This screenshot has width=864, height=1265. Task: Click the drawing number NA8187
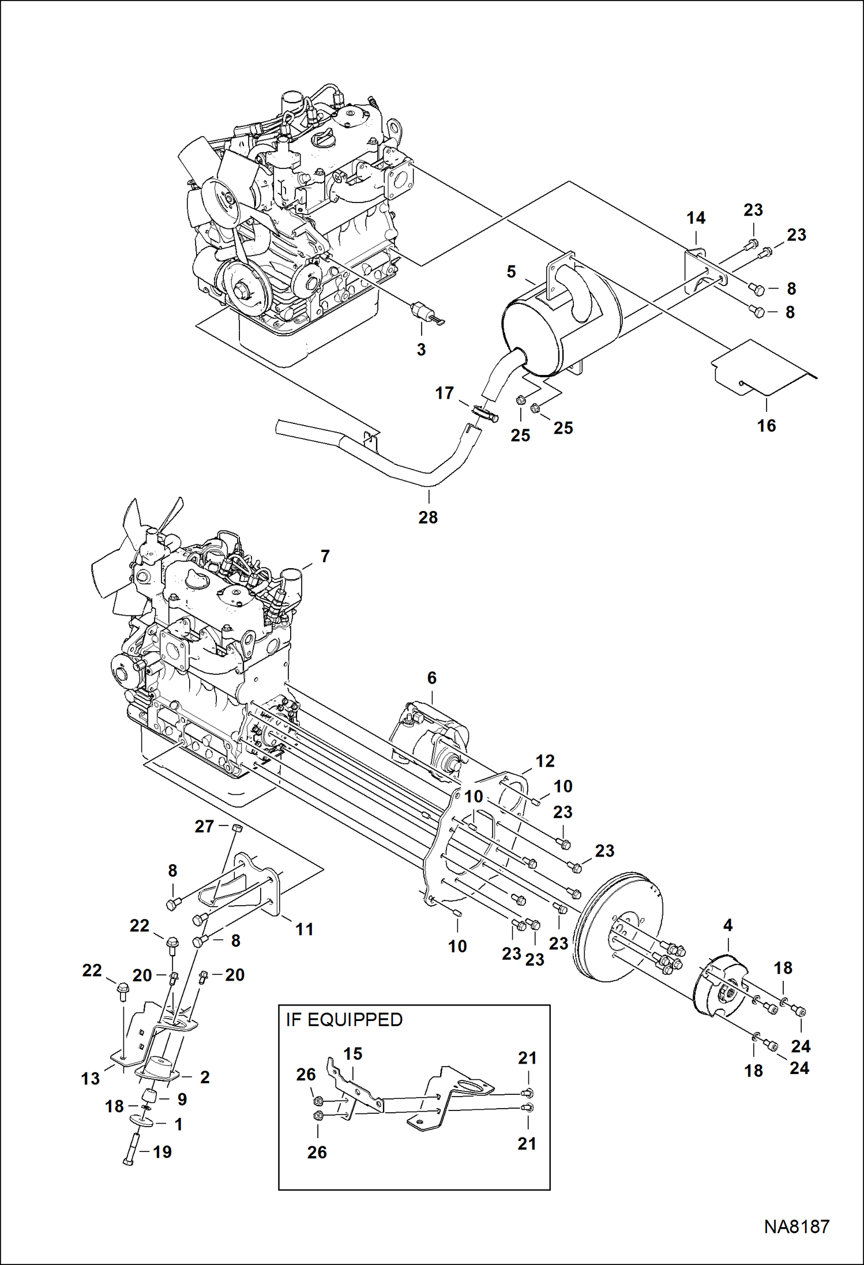coord(797,1226)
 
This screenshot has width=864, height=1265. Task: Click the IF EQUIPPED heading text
coord(344,1019)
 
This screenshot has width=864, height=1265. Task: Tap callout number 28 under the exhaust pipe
coord(428,517)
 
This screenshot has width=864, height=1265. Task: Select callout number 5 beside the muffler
coord(511,272)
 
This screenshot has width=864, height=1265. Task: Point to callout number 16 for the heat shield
coord(766,426)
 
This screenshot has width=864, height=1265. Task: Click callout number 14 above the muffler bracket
coord(696,218)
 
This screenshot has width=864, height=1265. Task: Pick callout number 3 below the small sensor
coord(421,350)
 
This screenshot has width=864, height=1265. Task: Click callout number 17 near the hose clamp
coord(444,393)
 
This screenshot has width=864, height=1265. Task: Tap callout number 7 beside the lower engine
coord(325,556)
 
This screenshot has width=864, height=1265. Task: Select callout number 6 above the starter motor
coord(432,678)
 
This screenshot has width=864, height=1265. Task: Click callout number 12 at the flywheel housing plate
coord(544,761)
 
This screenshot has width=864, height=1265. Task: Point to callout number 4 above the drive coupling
coord(727,925)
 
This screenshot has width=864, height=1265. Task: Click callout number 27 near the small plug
coord(204,827)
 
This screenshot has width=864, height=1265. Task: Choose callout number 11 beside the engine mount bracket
coord(304,929)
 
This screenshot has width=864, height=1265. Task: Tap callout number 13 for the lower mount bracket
coord(91,1079)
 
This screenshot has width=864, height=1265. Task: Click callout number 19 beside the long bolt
coord(162,1152)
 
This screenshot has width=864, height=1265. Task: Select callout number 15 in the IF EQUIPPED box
coord(352,1054)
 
